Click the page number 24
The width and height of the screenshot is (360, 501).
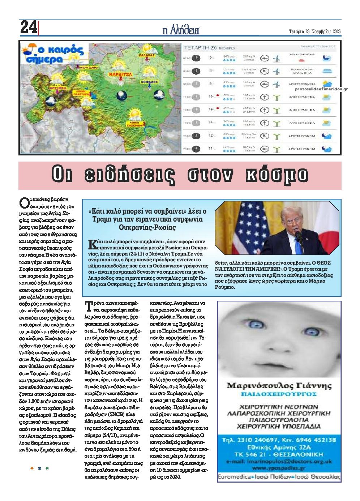[28, 27]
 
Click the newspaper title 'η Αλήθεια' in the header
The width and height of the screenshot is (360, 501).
[181, 30]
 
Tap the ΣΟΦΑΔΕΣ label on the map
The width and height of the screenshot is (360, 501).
[150, 82]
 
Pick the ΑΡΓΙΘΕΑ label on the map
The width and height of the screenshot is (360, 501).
[59, 87]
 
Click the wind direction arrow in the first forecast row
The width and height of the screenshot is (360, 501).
[265, 58]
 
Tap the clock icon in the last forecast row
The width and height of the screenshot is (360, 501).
[196, 149]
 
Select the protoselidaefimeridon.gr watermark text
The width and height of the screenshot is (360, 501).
[321, 89]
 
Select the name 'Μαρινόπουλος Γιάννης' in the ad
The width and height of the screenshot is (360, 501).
[279, 386]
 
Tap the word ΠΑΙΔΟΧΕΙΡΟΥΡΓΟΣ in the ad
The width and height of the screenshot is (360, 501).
[279, 394]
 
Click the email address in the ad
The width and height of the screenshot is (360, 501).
[279, 462]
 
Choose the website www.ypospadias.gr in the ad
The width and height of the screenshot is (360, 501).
[279, 468]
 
